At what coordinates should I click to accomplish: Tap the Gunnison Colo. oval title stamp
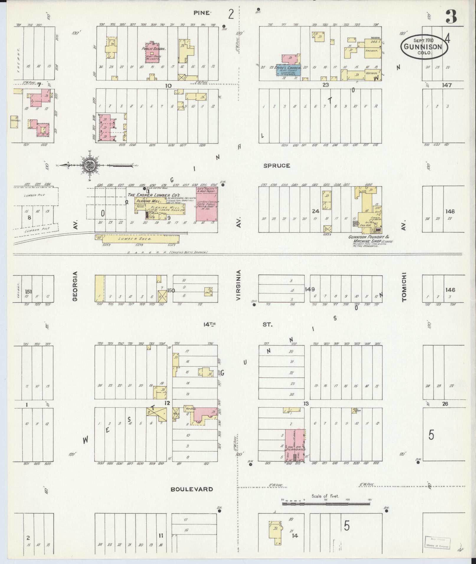point(424,47)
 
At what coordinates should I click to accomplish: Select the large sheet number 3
point(451,17)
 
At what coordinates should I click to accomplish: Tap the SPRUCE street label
point(277,166)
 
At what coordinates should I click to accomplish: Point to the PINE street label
point(202,13)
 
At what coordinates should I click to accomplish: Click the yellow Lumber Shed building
point(137,239)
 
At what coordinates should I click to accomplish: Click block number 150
point(171,290)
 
